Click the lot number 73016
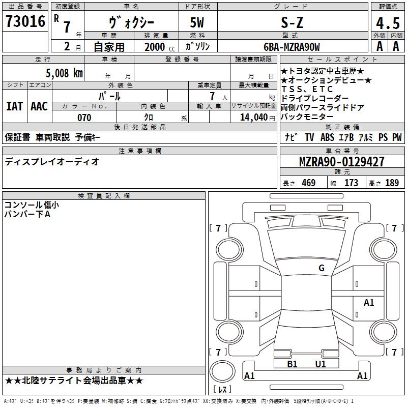click(x=25, y=21)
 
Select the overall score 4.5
click(x=388, y=23)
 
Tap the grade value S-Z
click(x=292, y=22)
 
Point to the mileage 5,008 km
click(x=65, y=73)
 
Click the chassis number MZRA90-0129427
click(x=342, y=162)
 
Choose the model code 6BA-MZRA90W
click(x=292, y=47)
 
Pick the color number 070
click(x=84, y=118)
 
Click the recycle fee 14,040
click(x=254, y=118)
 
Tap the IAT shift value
click(x=15, y=106)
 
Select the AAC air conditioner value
click(x=39, y=106)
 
